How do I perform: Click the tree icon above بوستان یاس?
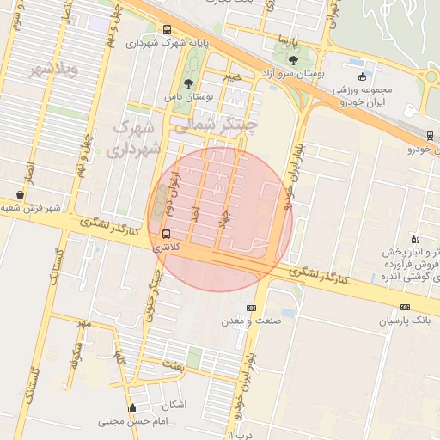188,83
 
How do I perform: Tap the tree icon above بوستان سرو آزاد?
294,60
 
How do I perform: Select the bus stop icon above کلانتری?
165,233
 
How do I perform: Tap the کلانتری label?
166,247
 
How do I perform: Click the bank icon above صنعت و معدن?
251,308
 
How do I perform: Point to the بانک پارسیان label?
402,321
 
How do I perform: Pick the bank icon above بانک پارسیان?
405,307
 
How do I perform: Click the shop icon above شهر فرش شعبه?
20,193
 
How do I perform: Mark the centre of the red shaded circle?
220,219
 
